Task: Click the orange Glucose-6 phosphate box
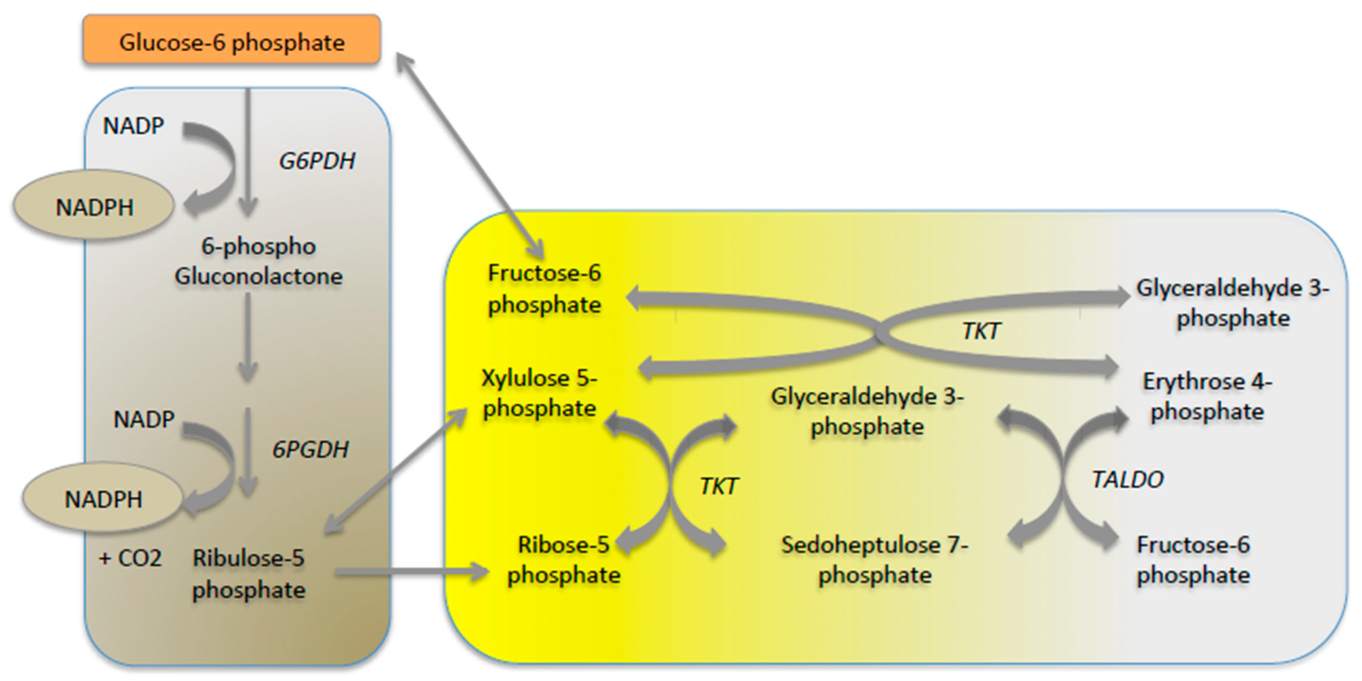(232, 41)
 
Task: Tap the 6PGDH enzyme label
(310, 449)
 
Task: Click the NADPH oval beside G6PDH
(94, 207)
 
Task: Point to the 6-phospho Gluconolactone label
(258, 261)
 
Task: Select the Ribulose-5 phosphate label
(249, 573)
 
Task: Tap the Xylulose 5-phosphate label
(539, 393)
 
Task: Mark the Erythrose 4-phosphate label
(1207, 396)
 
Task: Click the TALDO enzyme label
(1127, 479)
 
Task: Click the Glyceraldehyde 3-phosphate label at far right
(1232, 303)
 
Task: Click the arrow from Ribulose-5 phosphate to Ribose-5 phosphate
(413, 571)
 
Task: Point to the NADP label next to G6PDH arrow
(133, 126)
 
